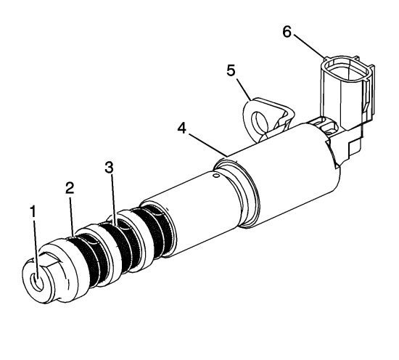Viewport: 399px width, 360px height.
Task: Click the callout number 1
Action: (33, 212)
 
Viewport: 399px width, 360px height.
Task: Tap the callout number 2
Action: (70, 188)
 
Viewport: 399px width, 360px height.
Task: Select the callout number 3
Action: (109, 167)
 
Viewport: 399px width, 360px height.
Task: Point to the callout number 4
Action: (181, 128)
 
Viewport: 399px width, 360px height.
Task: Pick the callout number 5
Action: (231, 70)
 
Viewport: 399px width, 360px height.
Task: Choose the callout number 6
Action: (287, 32)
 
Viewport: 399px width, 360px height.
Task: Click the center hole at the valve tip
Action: (37, 282)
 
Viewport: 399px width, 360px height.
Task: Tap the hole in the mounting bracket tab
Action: (258, 120)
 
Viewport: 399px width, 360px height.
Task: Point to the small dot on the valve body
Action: (216, 176)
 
